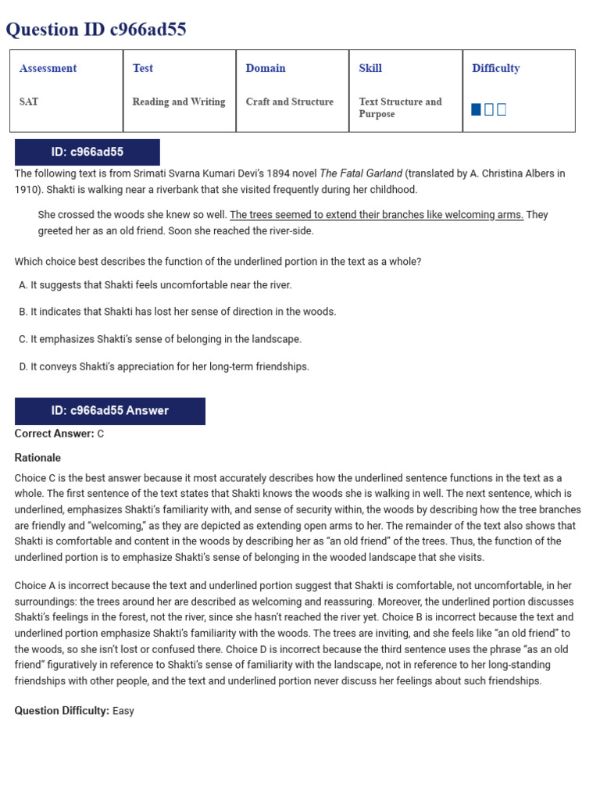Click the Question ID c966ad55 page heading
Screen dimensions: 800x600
coord(96,30)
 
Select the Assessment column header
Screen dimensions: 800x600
coord(48,68)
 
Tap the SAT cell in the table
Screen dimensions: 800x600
coord(30,102)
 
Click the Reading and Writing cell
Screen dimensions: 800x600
coord(178,102)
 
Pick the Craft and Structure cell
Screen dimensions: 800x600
coord(289,102)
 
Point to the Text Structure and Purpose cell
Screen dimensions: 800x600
coord(400,108)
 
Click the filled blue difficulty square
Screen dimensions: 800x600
coord(477,109)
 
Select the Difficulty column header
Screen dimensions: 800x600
coord(495,68)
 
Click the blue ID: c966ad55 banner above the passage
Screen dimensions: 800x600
coord(87,152)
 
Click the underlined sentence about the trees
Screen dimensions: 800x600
coord(376,215)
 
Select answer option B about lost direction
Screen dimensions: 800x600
coord(177,312)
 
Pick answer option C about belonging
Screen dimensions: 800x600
coord(160,339)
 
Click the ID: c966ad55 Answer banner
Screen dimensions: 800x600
coord(109,411)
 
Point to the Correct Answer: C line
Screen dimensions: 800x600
coord(59,434)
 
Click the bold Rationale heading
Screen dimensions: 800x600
coord(37,458)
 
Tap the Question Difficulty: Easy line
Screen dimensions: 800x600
coord(74,711)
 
